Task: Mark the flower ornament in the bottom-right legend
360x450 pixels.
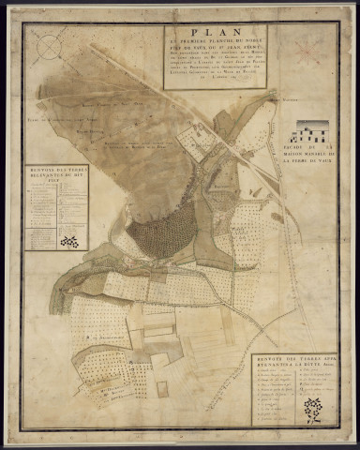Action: (313, 410)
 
